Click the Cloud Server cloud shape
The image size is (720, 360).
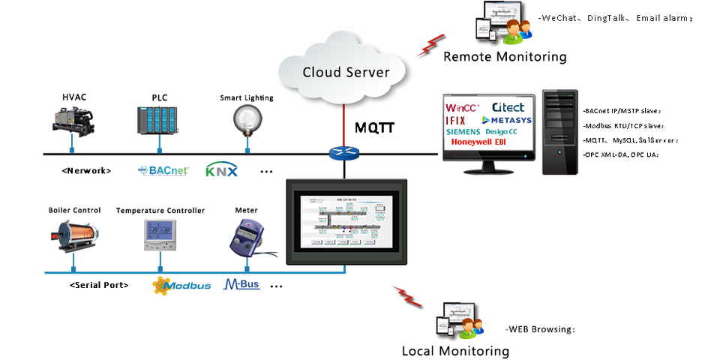[x=346, y=71]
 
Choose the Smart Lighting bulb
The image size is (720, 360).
[x=245, y=118]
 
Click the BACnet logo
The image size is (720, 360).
[x=163, y=170]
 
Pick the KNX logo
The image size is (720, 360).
[x=221, y=170]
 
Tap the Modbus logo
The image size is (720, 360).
[x=181, y=285]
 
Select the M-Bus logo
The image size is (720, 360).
[x=241, y=285]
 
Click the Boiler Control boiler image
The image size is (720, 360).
[x=74, y=232]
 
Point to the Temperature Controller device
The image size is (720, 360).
[x=160, y=235]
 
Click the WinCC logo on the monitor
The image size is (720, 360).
[x=462, y=108]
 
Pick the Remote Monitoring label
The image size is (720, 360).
[x=505, y=56]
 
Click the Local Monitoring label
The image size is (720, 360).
[x=455, y=350]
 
